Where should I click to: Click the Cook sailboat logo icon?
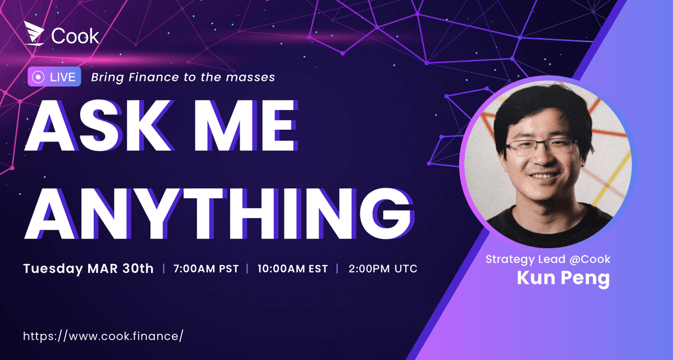click(x=35, y=34)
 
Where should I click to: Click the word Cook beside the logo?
click(x=75, y=36)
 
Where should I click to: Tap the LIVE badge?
click(x=54, y=77)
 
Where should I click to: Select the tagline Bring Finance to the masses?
click(x=183, y=77)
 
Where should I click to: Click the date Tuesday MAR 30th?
click(x=88, y=268)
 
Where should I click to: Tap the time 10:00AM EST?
click(x=292, y=268)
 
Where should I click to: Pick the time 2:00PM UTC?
click(x=383, y=268)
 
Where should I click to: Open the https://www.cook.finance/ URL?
click(x=103, y=336)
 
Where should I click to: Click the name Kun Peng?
click(x=563, y=277)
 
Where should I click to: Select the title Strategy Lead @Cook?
click(x=548, y=259)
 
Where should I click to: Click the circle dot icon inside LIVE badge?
click(x=38, y=77)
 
